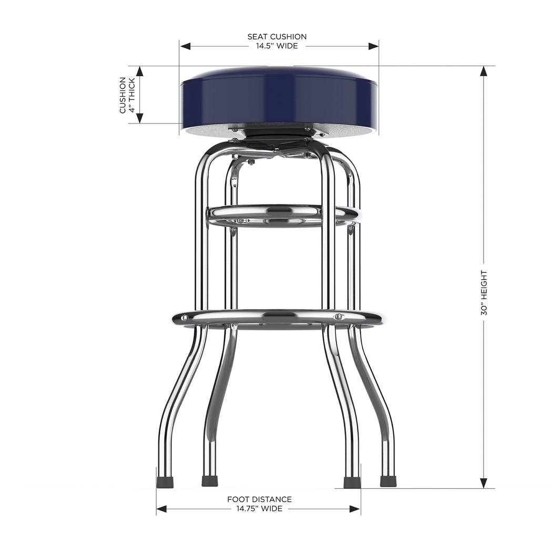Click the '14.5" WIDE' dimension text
tap(277, 46)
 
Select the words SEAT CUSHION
tap(277, 37)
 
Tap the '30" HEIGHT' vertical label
tap(484, 293)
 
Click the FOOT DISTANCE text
tap(259, 499)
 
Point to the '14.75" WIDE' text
tap(259, 509)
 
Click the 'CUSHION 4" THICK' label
tap(127, 95)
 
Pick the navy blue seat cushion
tap(279, 97)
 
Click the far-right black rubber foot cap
tap(388, 481)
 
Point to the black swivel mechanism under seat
tap(276, 133)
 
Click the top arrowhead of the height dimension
tap(484, 71)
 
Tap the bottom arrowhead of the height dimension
tap(484, 483)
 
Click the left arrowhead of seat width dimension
tap(185, 46)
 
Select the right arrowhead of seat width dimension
tap(373, 46)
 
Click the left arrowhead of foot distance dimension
tap(161, 509)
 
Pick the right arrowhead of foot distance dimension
tap(355, 509)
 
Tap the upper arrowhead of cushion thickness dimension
tap(140, 71)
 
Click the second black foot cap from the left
tap(210, 481)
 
